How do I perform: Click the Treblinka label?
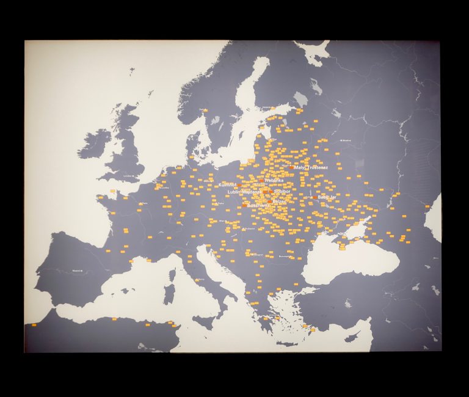(x=274, y=180)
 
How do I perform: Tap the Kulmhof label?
(x=227, y=184)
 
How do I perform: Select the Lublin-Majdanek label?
(x=244, y=192)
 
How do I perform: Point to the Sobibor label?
(x=282, y=191)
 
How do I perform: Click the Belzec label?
(x=279, y=201)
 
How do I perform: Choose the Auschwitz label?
(x=257, y=205)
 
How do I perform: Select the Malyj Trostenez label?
(x=312, y=167)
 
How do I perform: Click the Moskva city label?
(x=346, y=140)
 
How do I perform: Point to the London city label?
(x=127, y=177)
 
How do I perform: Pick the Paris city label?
(x=144, y=203)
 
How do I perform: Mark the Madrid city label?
(x=77, y=270)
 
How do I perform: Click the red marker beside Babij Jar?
(x=314, y=197)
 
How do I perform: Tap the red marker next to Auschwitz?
(x=244, y=205)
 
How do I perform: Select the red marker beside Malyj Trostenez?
(x=293, y=167)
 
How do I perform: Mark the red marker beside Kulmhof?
(x=240, y=184)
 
